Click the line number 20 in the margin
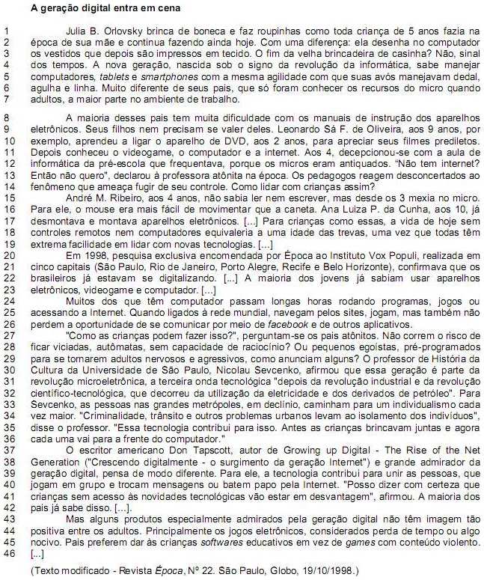pos(7,255)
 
